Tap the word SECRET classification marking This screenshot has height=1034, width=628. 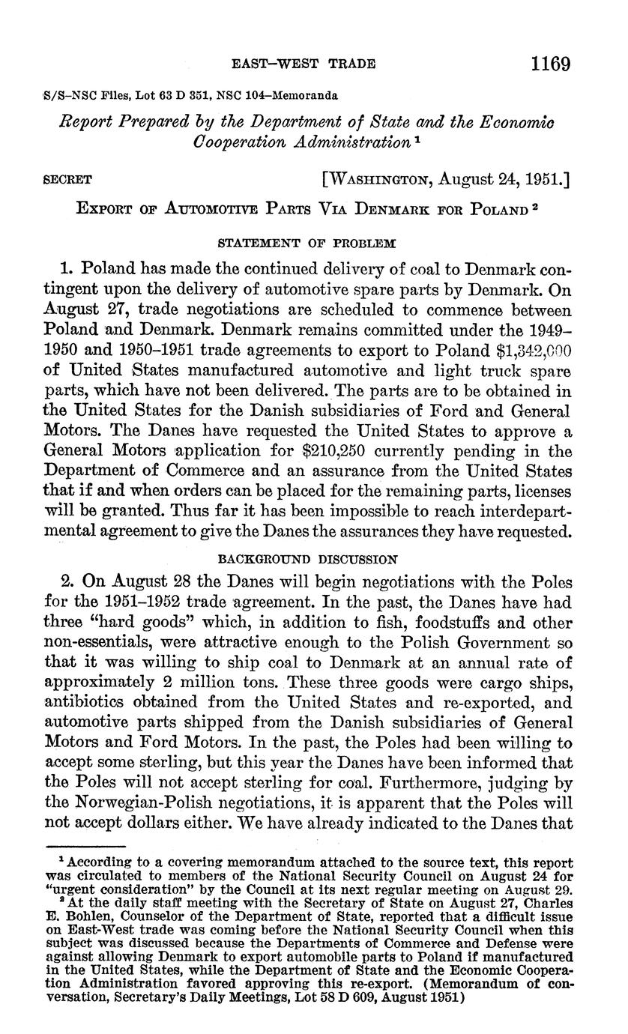(x=67, y=180)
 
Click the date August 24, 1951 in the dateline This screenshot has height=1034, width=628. (x=504, y=179)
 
